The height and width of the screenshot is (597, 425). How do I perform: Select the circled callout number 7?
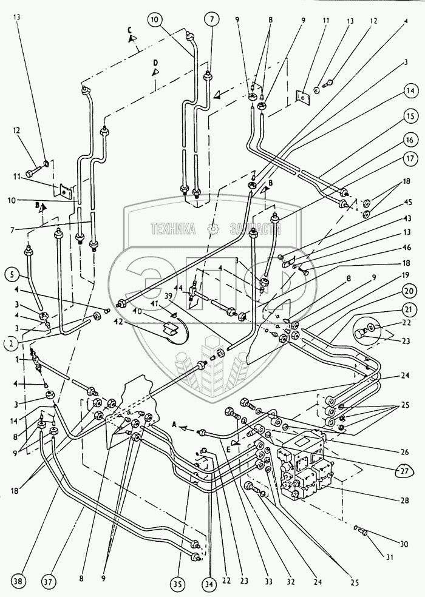212,19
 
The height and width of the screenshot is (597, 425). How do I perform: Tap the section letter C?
130,29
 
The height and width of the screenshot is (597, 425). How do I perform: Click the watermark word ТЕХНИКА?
173,228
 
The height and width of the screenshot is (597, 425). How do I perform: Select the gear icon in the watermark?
212,228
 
